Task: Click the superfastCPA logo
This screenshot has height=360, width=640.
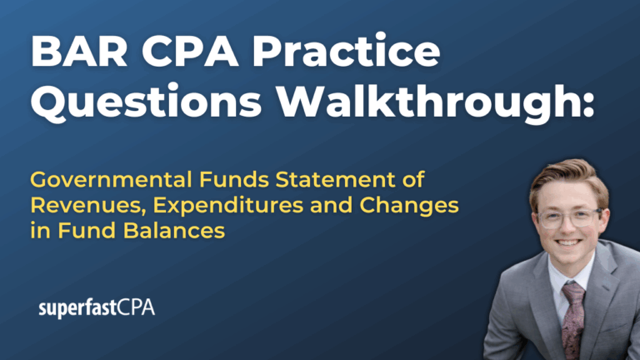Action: [97, 308]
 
